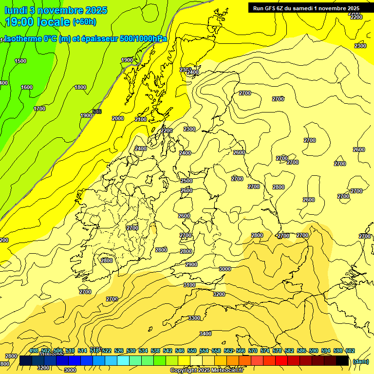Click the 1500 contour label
click(20, 61)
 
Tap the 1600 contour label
click(27, 87)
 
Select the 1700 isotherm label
click(39, 109)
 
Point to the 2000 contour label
click(118, 118)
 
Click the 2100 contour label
click(141, 119)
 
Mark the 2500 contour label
click(187, 181)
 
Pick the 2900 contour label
click(191, 264)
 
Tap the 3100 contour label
click(189, 285)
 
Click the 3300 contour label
click(194, 318)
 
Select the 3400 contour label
click(206, 334)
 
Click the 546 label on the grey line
click(97, 112)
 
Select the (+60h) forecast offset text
click(84, 22)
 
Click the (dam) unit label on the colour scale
click(360, 361)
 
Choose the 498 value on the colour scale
click(34, 351)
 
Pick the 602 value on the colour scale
click(350, 351)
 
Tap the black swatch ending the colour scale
click(342, 361)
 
